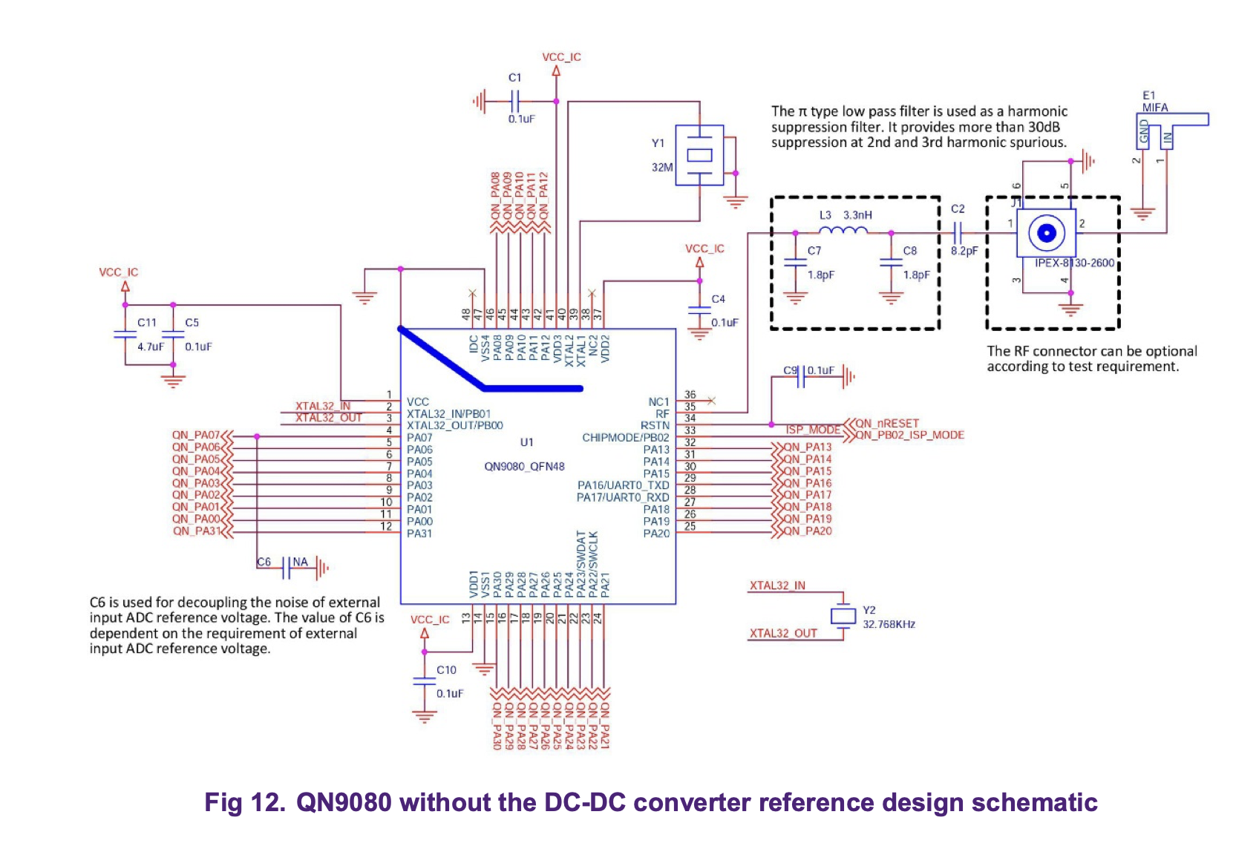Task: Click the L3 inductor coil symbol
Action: point(843,231)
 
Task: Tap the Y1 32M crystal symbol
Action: point(699,155)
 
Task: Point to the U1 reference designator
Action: point(526,442)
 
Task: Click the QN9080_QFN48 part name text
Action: point(524,467)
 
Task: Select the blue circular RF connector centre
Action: point(1046,234)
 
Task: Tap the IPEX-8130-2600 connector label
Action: point(1074,263)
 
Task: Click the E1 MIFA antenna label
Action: point(1154,102)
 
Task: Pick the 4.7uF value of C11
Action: point(150,347)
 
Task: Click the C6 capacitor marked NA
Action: point(286,569)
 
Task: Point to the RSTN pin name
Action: point(655,426)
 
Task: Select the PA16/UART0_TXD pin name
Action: point(623,485)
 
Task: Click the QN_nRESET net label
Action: point(887,423)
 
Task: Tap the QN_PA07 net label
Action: point(196,436)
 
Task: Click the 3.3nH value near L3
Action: point(857,215)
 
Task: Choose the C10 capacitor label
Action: point(446,670)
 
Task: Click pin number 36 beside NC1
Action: point(690,396)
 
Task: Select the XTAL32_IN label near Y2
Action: point(776,586)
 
